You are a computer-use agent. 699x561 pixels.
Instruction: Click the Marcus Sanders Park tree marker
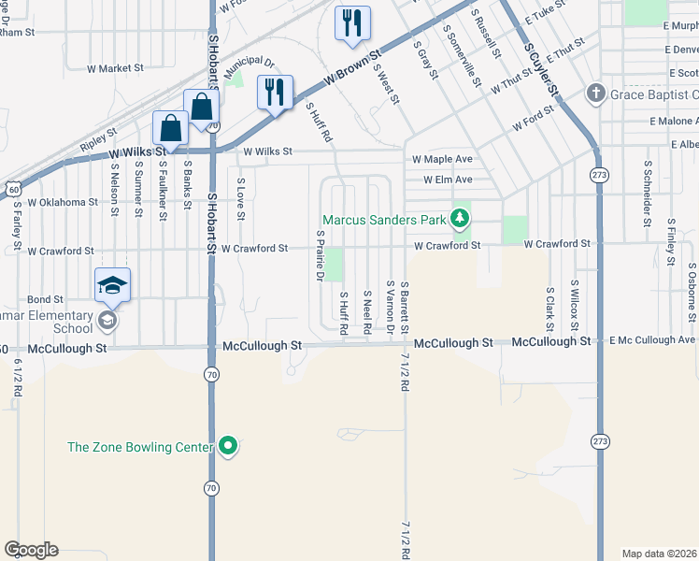coord(459,220)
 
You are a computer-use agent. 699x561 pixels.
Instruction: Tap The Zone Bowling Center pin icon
coord(228,447)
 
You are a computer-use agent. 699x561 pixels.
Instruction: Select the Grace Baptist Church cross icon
coord(594,93)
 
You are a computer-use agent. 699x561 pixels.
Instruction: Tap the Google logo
coord(31,550)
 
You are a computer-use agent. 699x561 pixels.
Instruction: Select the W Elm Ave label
coord(448,180)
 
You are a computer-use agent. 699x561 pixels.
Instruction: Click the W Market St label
coord(115,68)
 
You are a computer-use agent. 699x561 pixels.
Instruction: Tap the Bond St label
coord(45,299)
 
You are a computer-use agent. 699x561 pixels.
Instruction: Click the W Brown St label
coord(354,66)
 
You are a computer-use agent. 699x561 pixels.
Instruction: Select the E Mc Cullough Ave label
coord(652,339)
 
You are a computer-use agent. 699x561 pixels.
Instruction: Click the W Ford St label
coord(534,125)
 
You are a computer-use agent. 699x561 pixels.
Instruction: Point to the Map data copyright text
coord(660,553)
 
